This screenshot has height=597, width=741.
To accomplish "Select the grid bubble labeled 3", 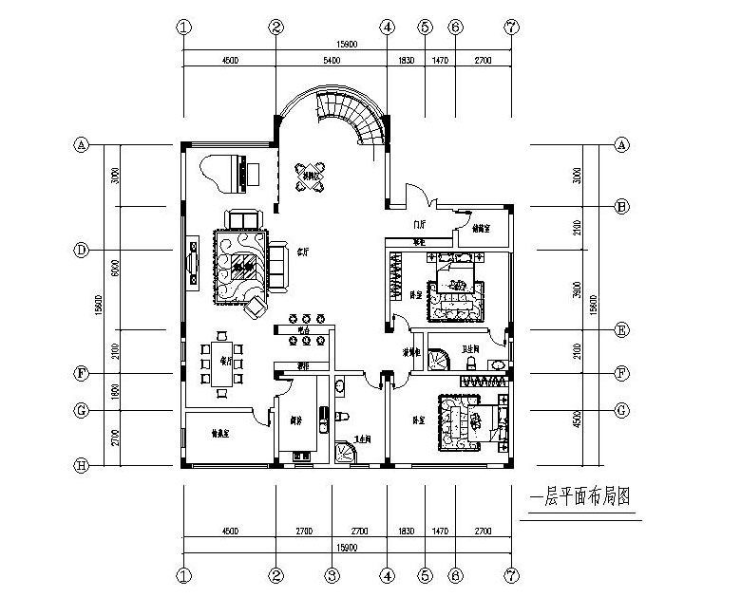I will point(331,575).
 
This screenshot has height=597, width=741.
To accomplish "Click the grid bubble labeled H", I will point(82,466).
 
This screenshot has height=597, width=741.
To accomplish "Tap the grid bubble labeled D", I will point(82,251).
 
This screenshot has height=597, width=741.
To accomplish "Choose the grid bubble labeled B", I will point(622,206).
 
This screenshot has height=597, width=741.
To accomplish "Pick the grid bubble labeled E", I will point(622,330).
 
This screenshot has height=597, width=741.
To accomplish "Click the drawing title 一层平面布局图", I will point(580,496).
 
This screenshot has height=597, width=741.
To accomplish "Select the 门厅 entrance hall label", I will point(417,224).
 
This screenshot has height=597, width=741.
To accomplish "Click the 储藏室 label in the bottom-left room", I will point(221,435).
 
